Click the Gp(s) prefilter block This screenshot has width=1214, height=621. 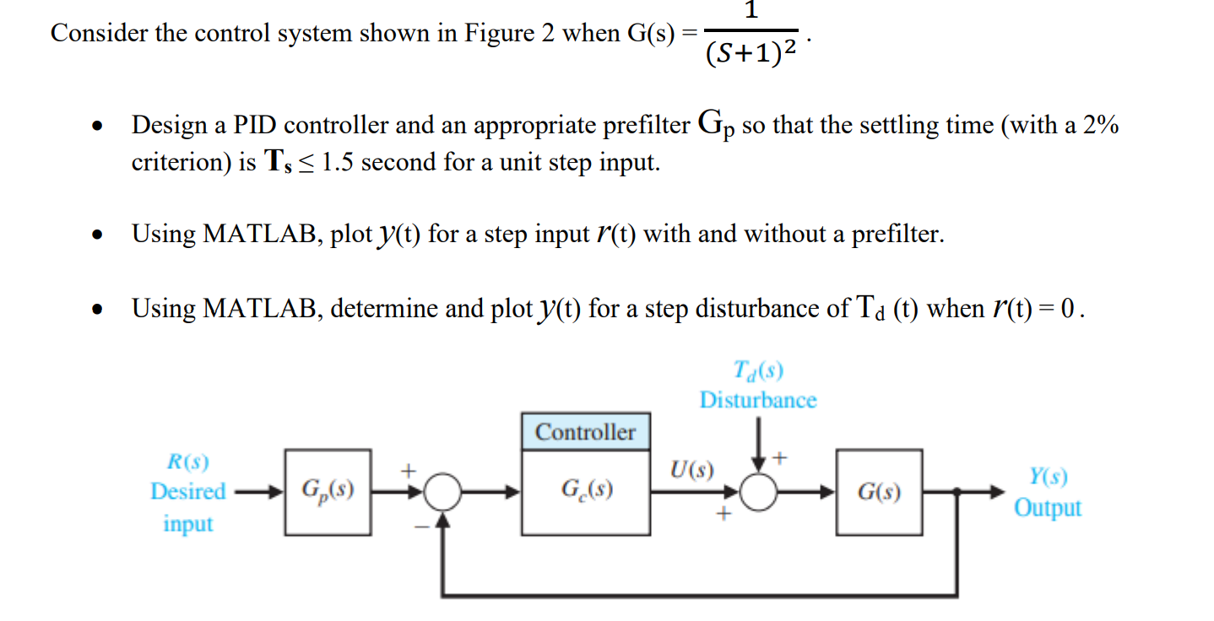[328, 492]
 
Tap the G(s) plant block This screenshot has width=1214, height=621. [878, 492]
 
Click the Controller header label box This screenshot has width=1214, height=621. [585, 432]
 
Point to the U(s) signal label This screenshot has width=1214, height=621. [691, 469]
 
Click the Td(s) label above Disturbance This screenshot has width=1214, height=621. [757, 371]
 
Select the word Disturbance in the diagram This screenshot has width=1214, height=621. [757, 400]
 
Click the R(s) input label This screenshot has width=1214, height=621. [187, 462]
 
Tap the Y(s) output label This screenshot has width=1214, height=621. [1048, 478]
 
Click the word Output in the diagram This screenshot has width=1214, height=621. [1047, 508]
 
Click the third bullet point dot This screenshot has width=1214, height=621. [100, 309]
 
